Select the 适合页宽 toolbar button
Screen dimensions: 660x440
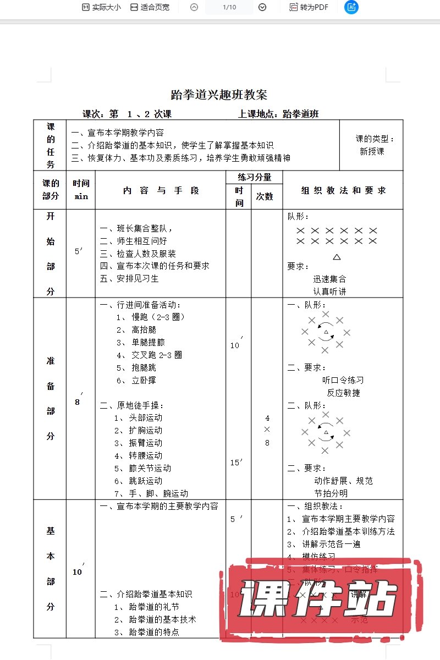point(150,7)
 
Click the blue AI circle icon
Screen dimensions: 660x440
point(351,7)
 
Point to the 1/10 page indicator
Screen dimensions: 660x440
point(229,7)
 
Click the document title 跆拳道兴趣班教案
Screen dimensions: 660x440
point(219,95)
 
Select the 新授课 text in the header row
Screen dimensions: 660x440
point(372,151)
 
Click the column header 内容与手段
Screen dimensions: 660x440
point(161,190)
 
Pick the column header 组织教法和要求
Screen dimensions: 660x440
point(343,190)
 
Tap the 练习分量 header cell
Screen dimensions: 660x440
point(254,177)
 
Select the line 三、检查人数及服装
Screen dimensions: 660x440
point(137,254)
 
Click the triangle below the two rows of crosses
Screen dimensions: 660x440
point(337,256)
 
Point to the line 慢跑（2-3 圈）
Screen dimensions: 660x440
point(158,317)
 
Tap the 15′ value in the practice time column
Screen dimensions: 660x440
point(237,463)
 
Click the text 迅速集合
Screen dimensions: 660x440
point(330,279)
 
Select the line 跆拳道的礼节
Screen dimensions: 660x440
point(154,607)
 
